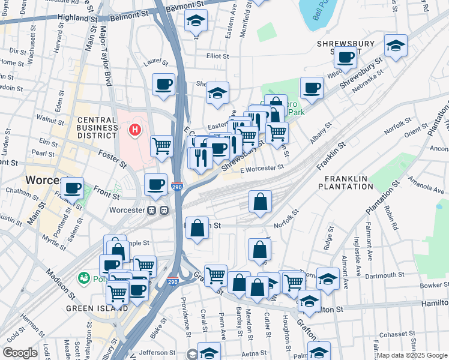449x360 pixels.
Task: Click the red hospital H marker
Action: (x=135, y=128)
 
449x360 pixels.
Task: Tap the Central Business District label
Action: (x=97, y=127)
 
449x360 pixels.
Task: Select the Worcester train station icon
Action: (x=158, y=211)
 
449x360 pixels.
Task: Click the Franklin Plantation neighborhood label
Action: (x=349, y=183)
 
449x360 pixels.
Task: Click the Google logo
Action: (x=20, y=353)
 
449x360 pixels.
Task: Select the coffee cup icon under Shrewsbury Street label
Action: (x=345, y=58)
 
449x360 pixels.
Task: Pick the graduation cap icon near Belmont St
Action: (x=196, y=20)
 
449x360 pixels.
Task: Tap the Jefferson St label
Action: (x=160, y=353)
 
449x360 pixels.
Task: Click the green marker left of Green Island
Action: (x=83, y=279)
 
